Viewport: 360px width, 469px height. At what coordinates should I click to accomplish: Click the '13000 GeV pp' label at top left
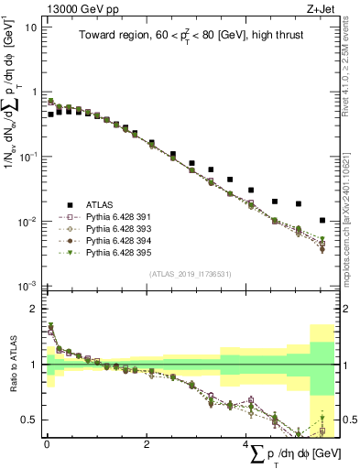tap(76, 8)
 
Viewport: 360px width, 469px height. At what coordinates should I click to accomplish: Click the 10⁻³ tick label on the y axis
tap(28, 287)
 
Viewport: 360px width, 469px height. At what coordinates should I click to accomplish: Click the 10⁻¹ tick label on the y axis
tap(28, 157)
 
